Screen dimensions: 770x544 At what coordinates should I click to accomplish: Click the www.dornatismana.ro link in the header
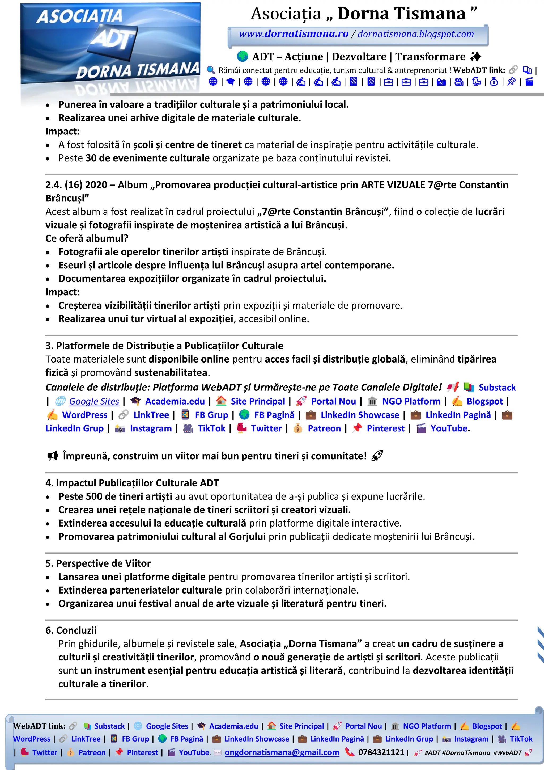coord(293,34)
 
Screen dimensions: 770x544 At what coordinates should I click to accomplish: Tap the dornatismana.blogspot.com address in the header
coord(416,34)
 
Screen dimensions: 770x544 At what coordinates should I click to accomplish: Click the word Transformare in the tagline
coord(430,57)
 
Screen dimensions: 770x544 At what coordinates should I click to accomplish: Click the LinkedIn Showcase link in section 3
coord(360,415)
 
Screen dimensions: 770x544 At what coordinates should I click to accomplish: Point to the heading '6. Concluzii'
coord(71,630)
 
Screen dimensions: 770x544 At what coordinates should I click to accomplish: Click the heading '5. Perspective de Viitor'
coord(98,563)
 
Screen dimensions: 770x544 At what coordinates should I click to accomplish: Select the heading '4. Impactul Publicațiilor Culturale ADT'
coord(132,483)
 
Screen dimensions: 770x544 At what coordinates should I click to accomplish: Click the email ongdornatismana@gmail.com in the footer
coord(282,752)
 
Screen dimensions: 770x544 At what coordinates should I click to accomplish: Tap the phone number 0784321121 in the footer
coord(381,752)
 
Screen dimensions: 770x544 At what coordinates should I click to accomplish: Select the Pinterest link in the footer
coord(142,752)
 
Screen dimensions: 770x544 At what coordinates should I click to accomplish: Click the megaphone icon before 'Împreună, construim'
coord(53,456)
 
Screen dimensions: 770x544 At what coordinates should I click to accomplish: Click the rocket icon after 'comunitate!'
coord(377,456)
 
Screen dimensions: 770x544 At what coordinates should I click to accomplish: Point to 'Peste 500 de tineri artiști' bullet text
coord(115,496)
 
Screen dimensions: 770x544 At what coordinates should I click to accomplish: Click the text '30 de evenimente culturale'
coord(147,158)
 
